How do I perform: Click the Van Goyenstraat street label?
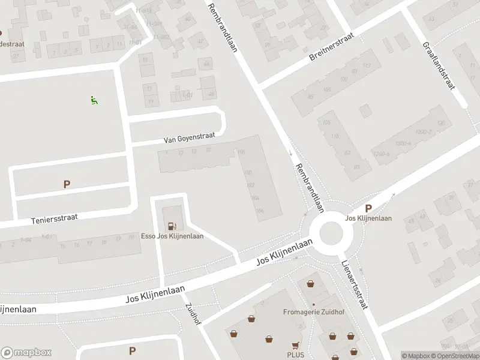pyautogui.click(x=189, y=138)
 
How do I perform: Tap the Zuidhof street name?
pyautogui.click(x=193, y=313)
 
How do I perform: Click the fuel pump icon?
pyautogui.click(x=173, y=226)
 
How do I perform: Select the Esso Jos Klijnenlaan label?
pyautogui.click(x=172, y=236)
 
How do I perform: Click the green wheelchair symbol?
pyautogui.click(x=94, y=100)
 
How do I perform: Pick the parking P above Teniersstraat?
pyautogui.click(x=67, y=185)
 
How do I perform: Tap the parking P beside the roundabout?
pyautogui.click(x=368, y=209)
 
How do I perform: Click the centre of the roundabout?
pyautogui.click(x=331, y=233)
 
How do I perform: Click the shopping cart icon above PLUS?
pyautogui.click(x=295, y=346)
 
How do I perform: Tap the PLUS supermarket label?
pyautogui.click(x=295, y=355)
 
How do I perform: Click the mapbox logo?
pyautogui.click(x=26, y=353)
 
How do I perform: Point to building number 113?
pyautogui.click(x=367, y=66)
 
